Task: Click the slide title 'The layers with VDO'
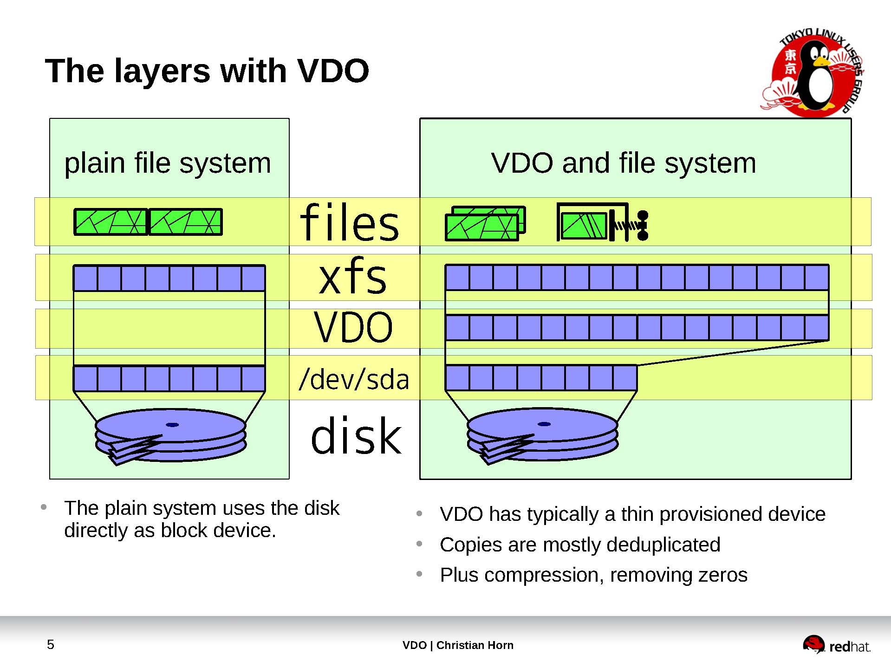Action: click(207, 71)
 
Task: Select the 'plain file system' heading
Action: click(168, 163)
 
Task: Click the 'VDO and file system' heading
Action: click(623, 163)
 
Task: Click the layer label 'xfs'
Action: click(352, 277)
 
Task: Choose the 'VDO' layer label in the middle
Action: click(353, 327)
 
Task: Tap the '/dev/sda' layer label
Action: click(354, 379)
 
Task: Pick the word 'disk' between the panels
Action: click(356, 436)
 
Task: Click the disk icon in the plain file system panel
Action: click(170, 435)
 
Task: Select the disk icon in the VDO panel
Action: click(542, 435)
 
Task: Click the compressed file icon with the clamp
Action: click(602, 223)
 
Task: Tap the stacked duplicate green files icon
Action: click(485, 224)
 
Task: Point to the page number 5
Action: click(51, 644)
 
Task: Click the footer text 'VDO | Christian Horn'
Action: click(458, 645)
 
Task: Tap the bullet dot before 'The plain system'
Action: click(44, 507)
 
